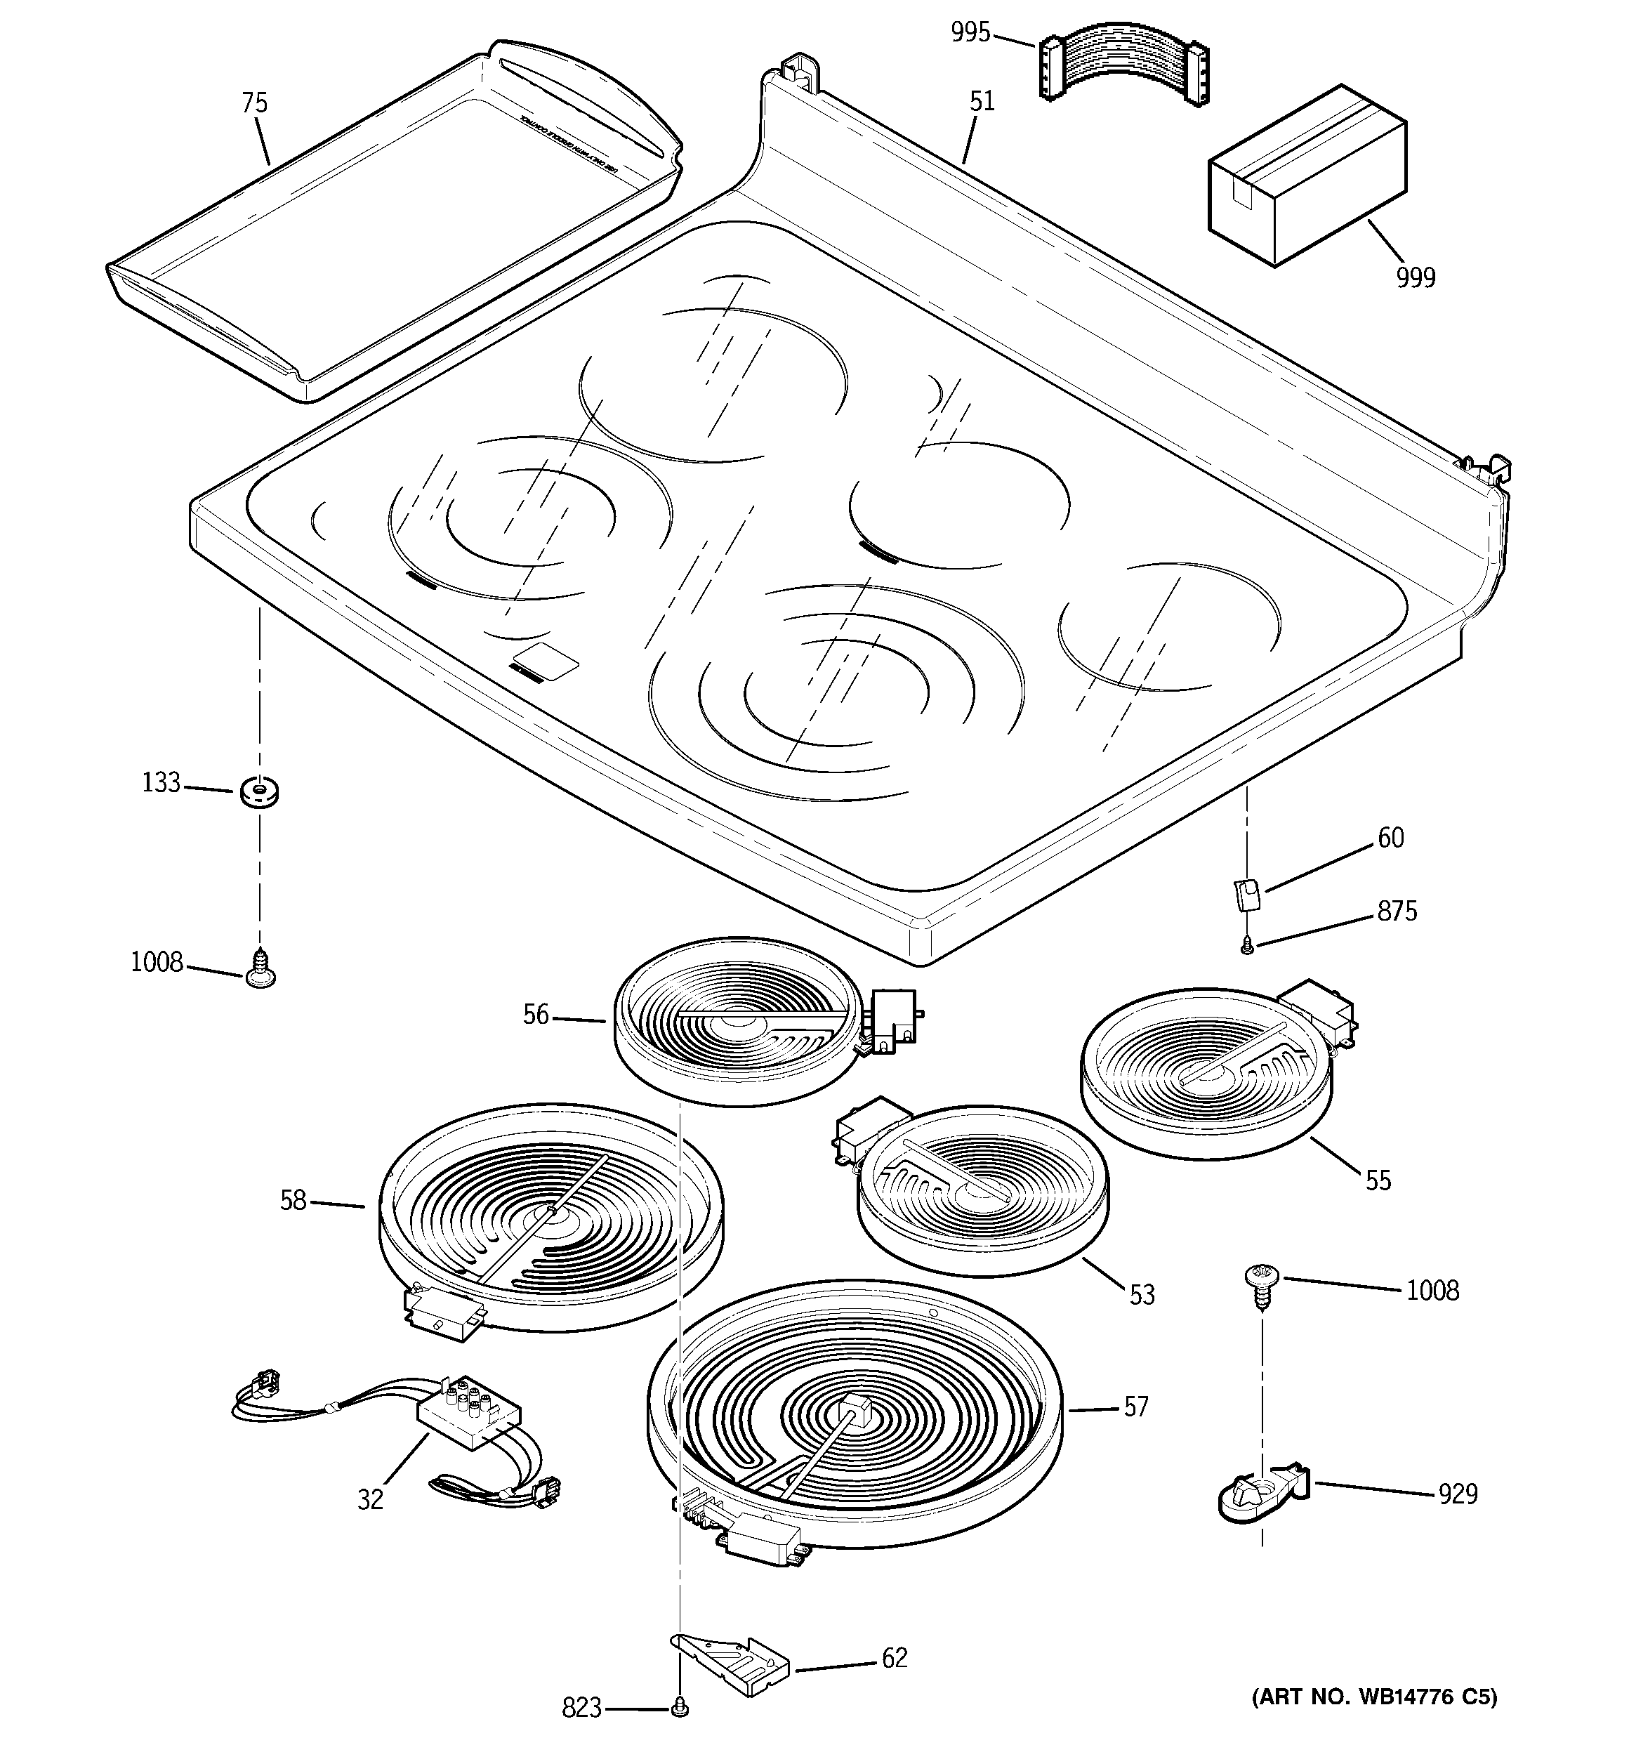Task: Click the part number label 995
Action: pyautogui.click(x=970, y=33)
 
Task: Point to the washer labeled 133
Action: pyautogui.click(x=259, y=793)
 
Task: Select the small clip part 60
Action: pyautogui.click(x=1248, y=895)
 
